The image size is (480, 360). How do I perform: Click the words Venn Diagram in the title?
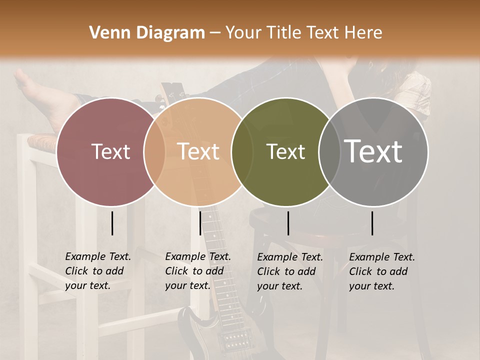(x=147, y=33)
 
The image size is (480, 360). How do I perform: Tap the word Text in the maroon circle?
(x=110, y=151)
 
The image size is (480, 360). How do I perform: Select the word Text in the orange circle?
(x=198, y=151)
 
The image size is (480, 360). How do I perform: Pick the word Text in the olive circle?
(x=285, y=151)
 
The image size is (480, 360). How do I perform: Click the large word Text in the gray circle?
(x=373, y=151)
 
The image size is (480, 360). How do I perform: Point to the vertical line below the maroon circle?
(x=112, y=223)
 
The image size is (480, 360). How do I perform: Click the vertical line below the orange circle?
(x=200, y=223)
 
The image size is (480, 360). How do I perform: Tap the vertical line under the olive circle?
(x=288, y=223)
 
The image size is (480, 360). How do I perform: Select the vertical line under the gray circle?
(x=372, y=223)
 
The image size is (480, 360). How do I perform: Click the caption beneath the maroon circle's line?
(x=98, y=271)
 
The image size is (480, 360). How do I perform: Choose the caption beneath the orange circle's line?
(x=198, y=271)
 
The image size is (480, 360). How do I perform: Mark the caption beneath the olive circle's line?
(x=290, y=271)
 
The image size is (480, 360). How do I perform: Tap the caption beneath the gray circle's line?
(x=382, y=271)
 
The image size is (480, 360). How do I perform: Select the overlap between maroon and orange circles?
(x=154, y=151)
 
